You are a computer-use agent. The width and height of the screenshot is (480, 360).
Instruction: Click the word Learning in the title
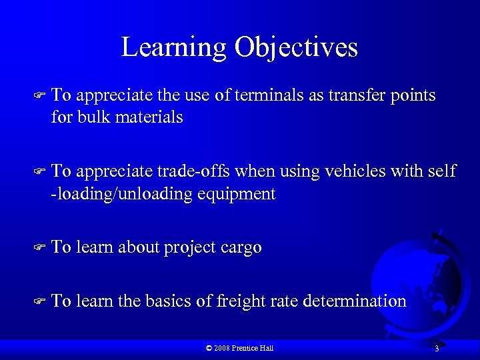[x=174, y=48]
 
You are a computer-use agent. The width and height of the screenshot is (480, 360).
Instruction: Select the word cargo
[x=241, y=247]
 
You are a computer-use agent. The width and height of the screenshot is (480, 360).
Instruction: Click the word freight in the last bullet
[x=238, y=301]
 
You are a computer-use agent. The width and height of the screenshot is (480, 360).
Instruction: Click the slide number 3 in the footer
[x=436, y=349]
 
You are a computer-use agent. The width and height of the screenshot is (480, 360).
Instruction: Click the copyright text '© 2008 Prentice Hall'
[x=240, y=348]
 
